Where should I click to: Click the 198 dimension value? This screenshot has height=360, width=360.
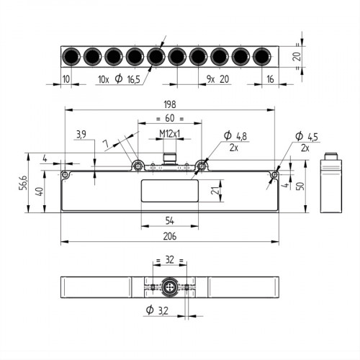169,104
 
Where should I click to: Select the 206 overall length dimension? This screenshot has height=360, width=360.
169,235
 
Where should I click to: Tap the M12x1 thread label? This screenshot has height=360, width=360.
169,134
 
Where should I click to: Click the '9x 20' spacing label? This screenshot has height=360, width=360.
218,78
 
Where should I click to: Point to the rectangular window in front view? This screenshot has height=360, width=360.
169,191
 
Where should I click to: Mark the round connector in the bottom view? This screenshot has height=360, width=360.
170,287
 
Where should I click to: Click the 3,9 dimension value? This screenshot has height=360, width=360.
81,134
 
